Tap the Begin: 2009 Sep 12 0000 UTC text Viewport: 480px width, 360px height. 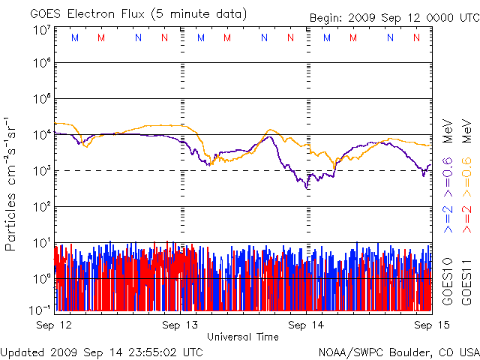[x=394, y=17]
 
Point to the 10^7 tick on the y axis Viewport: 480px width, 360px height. [x=42, y=30]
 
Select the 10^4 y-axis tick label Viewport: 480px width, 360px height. [x=42, y=135]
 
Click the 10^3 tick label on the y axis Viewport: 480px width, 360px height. [x=42, y=171]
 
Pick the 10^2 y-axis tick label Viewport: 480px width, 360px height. [x=42, y=207]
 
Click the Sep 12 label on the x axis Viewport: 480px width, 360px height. [x=54, y=325]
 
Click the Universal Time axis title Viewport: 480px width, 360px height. [x=243, y=337]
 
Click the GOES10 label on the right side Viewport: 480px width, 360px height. [x=447, y=280]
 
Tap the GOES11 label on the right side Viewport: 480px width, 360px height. [x=466, y=280]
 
